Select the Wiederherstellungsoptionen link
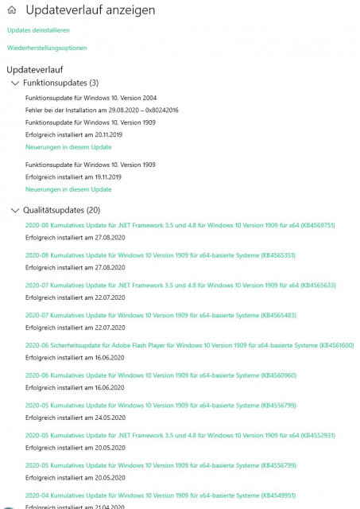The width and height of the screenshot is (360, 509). (47, 48)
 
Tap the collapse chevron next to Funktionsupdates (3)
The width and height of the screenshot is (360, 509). (14, 83)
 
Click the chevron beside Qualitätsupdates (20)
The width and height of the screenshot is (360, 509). (14, 211)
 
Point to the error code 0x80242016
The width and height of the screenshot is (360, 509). (162, 110)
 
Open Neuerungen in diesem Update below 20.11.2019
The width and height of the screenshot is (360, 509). (68, 147)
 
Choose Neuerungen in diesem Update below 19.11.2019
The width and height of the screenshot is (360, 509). (68, 190)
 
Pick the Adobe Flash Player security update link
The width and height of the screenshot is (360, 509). (189, 346)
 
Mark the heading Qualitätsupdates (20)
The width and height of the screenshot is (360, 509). (61, 211)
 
